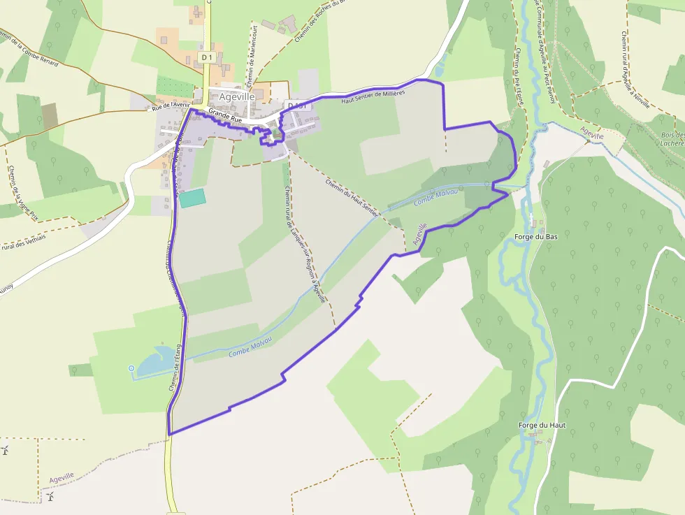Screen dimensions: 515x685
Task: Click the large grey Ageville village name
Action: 236,97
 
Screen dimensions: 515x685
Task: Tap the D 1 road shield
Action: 206,57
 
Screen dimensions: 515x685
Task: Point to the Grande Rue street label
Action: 224,115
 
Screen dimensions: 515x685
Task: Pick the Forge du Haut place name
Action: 542,425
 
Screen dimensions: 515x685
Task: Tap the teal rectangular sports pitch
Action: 193,198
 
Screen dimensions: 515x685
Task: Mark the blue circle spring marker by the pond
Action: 131,368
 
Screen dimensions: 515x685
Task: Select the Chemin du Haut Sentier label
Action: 352,197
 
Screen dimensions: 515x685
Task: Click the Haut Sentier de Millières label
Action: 373,96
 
